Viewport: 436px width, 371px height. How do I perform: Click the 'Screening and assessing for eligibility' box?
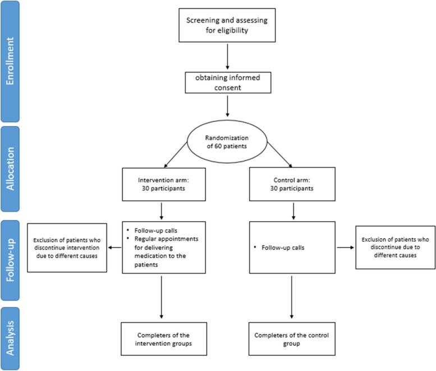pos(227,25)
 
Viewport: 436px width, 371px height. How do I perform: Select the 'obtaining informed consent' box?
pos(228,83)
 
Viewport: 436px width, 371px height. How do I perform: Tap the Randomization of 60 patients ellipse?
pos(227,141)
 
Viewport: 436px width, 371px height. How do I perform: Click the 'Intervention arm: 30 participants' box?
pos(164,184)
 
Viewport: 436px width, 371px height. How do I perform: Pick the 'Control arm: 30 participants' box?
pos(292,184)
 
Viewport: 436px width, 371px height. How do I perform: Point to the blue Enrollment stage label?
pos(10,62)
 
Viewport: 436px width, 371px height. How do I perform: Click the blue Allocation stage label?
pos(10,169)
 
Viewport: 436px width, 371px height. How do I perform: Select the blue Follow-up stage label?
pos(10,260)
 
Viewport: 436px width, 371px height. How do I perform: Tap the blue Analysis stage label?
pos(10,338)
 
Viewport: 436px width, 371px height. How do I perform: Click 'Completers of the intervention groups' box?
pos(164,339)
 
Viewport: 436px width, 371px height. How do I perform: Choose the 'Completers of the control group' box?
pos(292,339)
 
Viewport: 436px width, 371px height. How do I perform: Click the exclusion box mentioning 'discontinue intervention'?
pos(67,248)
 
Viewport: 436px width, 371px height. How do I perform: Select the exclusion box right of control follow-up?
pos(396,248)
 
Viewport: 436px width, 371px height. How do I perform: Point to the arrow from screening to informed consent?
pos(227,57)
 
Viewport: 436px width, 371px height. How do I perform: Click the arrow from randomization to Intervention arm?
pos(176,154)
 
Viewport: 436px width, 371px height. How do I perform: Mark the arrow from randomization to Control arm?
pos(279,154)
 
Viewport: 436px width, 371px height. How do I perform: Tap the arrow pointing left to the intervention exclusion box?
pos(114,248)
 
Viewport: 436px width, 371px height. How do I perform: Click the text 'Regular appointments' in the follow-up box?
pos(166,239)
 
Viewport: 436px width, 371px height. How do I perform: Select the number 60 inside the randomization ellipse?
pos(218,146)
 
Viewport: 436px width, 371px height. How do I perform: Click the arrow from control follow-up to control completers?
pos(291,297)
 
